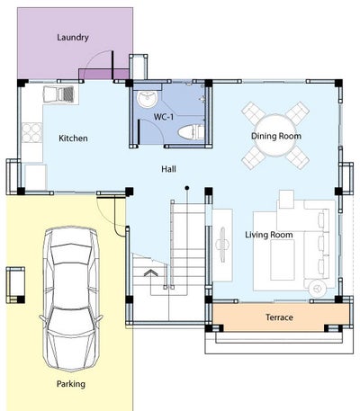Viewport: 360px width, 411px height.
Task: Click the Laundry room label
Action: (x=73, y=38)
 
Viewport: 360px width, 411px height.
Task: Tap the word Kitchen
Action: (x=73, y=138)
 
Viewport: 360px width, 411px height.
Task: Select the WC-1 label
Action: (x=164, y=117)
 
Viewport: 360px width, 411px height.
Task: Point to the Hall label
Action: (x=168, y=169)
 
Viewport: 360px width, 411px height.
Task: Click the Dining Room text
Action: (x=276, y=136)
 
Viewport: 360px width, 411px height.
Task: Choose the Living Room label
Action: (x=269, y=235)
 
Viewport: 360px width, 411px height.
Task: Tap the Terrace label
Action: (x=279, y=317)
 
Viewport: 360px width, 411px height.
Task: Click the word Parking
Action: (x=71, y=384)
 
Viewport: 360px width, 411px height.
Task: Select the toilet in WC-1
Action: (x=191, y=132)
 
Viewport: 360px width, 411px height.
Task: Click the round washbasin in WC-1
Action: (x=147, y=98)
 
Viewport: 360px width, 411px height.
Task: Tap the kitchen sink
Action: (x=58, y=94)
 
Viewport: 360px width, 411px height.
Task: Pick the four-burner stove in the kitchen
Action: (x=31, y=132)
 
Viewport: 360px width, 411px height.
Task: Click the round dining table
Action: (x=275, y=137)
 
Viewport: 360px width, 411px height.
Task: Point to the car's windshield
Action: (x=71, y=255)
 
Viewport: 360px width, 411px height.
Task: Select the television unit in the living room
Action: (x=222, y=246)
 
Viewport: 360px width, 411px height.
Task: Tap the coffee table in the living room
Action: (x=283, y=260)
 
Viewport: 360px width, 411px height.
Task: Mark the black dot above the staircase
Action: (x=187, y=188)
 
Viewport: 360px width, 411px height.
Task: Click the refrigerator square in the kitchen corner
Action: (x=36, y=177)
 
